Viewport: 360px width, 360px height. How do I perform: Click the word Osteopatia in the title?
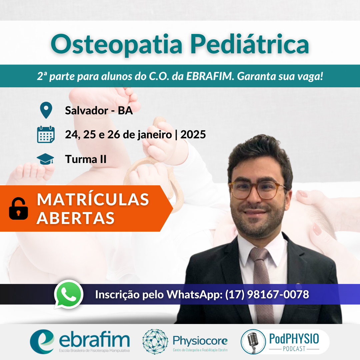117,44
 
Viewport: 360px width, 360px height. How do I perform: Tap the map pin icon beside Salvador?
46,110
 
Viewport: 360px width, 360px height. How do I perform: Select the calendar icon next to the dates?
46,134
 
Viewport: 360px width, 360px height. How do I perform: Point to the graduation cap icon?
45,159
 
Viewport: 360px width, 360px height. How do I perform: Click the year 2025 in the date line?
193,135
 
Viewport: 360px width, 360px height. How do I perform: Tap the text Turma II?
86,159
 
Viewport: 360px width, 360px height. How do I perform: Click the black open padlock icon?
18,208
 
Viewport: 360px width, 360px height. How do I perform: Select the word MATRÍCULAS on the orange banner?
93,199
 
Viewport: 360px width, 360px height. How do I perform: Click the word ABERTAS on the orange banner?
76,218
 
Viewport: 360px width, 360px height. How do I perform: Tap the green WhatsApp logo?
69,294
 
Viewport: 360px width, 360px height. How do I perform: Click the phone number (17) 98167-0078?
267,295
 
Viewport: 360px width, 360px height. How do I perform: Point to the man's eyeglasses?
257,189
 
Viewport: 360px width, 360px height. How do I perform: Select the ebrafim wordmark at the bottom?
94,340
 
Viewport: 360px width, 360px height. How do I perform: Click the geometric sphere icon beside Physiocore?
155,341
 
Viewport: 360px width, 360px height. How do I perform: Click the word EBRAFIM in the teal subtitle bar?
210,76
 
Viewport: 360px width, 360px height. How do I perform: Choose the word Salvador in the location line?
86,110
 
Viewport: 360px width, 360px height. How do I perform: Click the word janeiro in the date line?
155,135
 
